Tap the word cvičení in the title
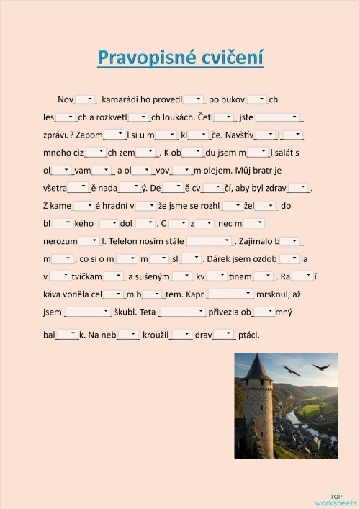230,58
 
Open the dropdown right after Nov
85,99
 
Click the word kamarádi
125,99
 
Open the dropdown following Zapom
114,135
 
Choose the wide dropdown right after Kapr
230,294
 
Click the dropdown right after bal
67,334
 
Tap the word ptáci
248,335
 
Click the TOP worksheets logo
336,500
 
